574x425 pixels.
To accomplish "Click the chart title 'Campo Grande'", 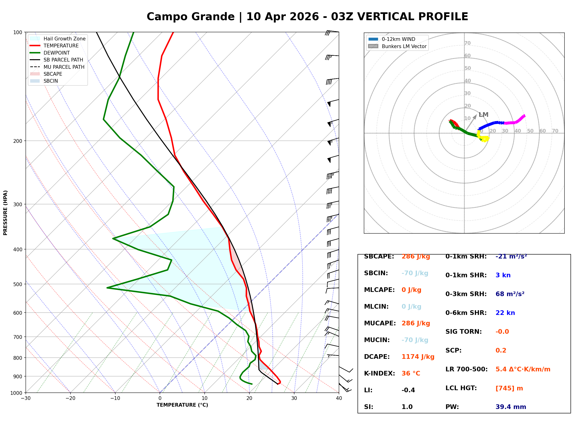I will click(x=190, y=17).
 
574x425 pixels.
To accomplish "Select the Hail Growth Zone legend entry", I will click(x=64, y=39).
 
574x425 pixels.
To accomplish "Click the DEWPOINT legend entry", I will click(x=57, y=53).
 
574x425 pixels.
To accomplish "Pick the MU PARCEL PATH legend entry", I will click(x=64, y=67).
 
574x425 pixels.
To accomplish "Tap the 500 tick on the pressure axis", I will click(x=18, y=284).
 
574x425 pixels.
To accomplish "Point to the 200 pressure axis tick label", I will click(x=18, y=141).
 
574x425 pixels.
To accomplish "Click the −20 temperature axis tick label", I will click(x=70, y=398).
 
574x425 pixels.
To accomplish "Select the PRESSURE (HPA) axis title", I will click(x=5, y=213).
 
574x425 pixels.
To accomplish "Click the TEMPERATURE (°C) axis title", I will click(x=182, y=405).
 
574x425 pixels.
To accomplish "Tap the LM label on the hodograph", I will click(x=483, y=115).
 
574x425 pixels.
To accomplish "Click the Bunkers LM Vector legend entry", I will click(x=404, y=46).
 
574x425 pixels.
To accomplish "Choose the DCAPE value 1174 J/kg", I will click(x=418, y=357).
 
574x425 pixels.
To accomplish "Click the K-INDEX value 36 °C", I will click(x=411, y=373).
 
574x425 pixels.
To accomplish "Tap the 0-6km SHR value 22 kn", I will click(x=505, y=313).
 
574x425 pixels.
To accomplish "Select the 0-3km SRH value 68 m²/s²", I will click(x=510, y=294).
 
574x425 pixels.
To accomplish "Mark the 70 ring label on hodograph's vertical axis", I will click(x=467, y=43).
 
